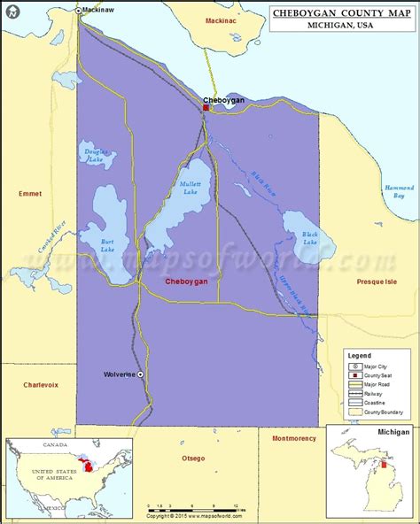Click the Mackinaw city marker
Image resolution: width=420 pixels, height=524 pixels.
coord(77,11)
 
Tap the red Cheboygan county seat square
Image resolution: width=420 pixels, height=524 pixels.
coord(206,109)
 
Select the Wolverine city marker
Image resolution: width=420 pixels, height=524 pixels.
coord(140,374)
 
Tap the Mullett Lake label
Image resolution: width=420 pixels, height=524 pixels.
coord(190,188)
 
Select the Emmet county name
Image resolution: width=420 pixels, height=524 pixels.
coord(29,192)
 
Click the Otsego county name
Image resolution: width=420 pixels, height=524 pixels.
coord(192,458)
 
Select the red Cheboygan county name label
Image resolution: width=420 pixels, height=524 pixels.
coord(187,281)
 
